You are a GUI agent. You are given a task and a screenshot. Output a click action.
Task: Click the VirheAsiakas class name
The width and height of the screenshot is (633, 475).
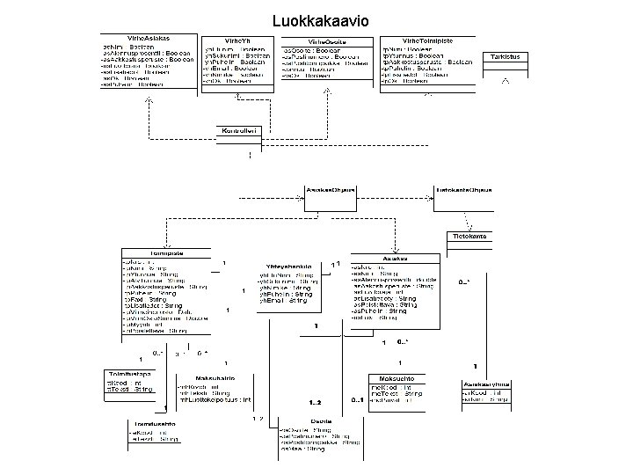(149, 40)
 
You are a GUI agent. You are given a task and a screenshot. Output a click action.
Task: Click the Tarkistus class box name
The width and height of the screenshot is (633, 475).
(506, 56)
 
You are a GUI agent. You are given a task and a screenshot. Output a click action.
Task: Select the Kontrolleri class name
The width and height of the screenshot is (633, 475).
(240, 130)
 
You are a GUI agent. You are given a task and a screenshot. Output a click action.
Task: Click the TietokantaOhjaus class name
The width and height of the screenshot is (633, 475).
(464, 190)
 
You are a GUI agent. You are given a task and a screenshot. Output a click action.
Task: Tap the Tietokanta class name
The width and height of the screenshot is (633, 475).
(469, 237)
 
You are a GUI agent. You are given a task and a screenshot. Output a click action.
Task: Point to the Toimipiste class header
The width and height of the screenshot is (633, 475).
(165, 253)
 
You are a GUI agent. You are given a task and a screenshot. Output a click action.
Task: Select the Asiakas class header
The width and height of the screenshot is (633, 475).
(393, 259)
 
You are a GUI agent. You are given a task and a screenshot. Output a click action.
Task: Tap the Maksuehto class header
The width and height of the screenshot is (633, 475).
(397, 377)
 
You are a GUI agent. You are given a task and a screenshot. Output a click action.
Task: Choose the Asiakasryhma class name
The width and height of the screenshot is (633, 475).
(487, 384)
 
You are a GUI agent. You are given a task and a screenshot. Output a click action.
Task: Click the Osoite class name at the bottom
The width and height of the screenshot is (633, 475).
(321, 421)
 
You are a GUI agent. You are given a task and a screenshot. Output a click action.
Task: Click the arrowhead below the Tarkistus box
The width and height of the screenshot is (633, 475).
(506, 80)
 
